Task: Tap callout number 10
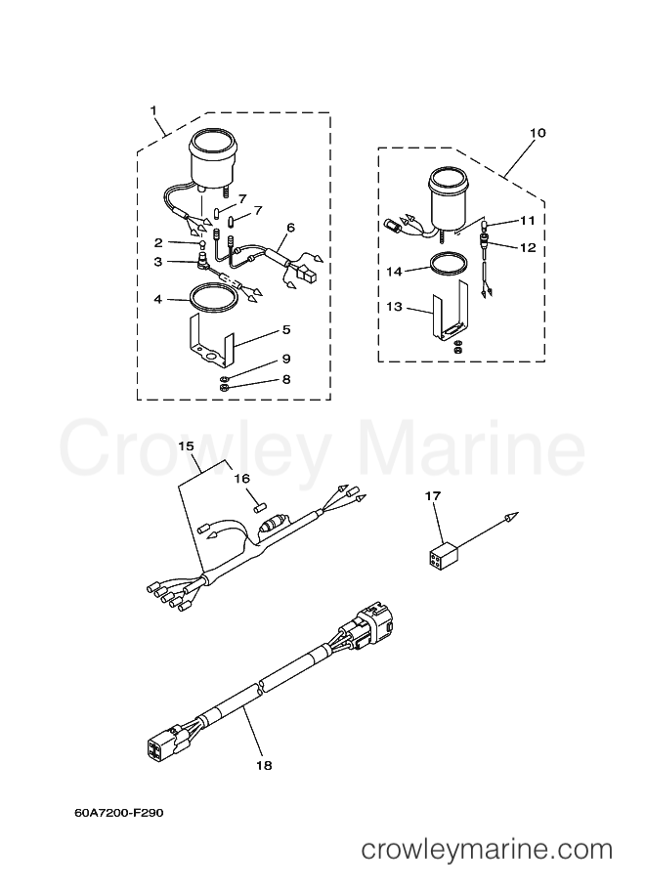tap(538, 133)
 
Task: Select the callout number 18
tap(264, 765)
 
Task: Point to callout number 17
tap(433, 496)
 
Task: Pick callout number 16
tap(242, 479)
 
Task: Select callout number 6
tap(291, 228)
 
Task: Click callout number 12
tap(528, 247)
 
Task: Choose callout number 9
tap(286, 359)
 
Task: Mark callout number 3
tap(158, 261)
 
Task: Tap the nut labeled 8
tap(224, 388)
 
